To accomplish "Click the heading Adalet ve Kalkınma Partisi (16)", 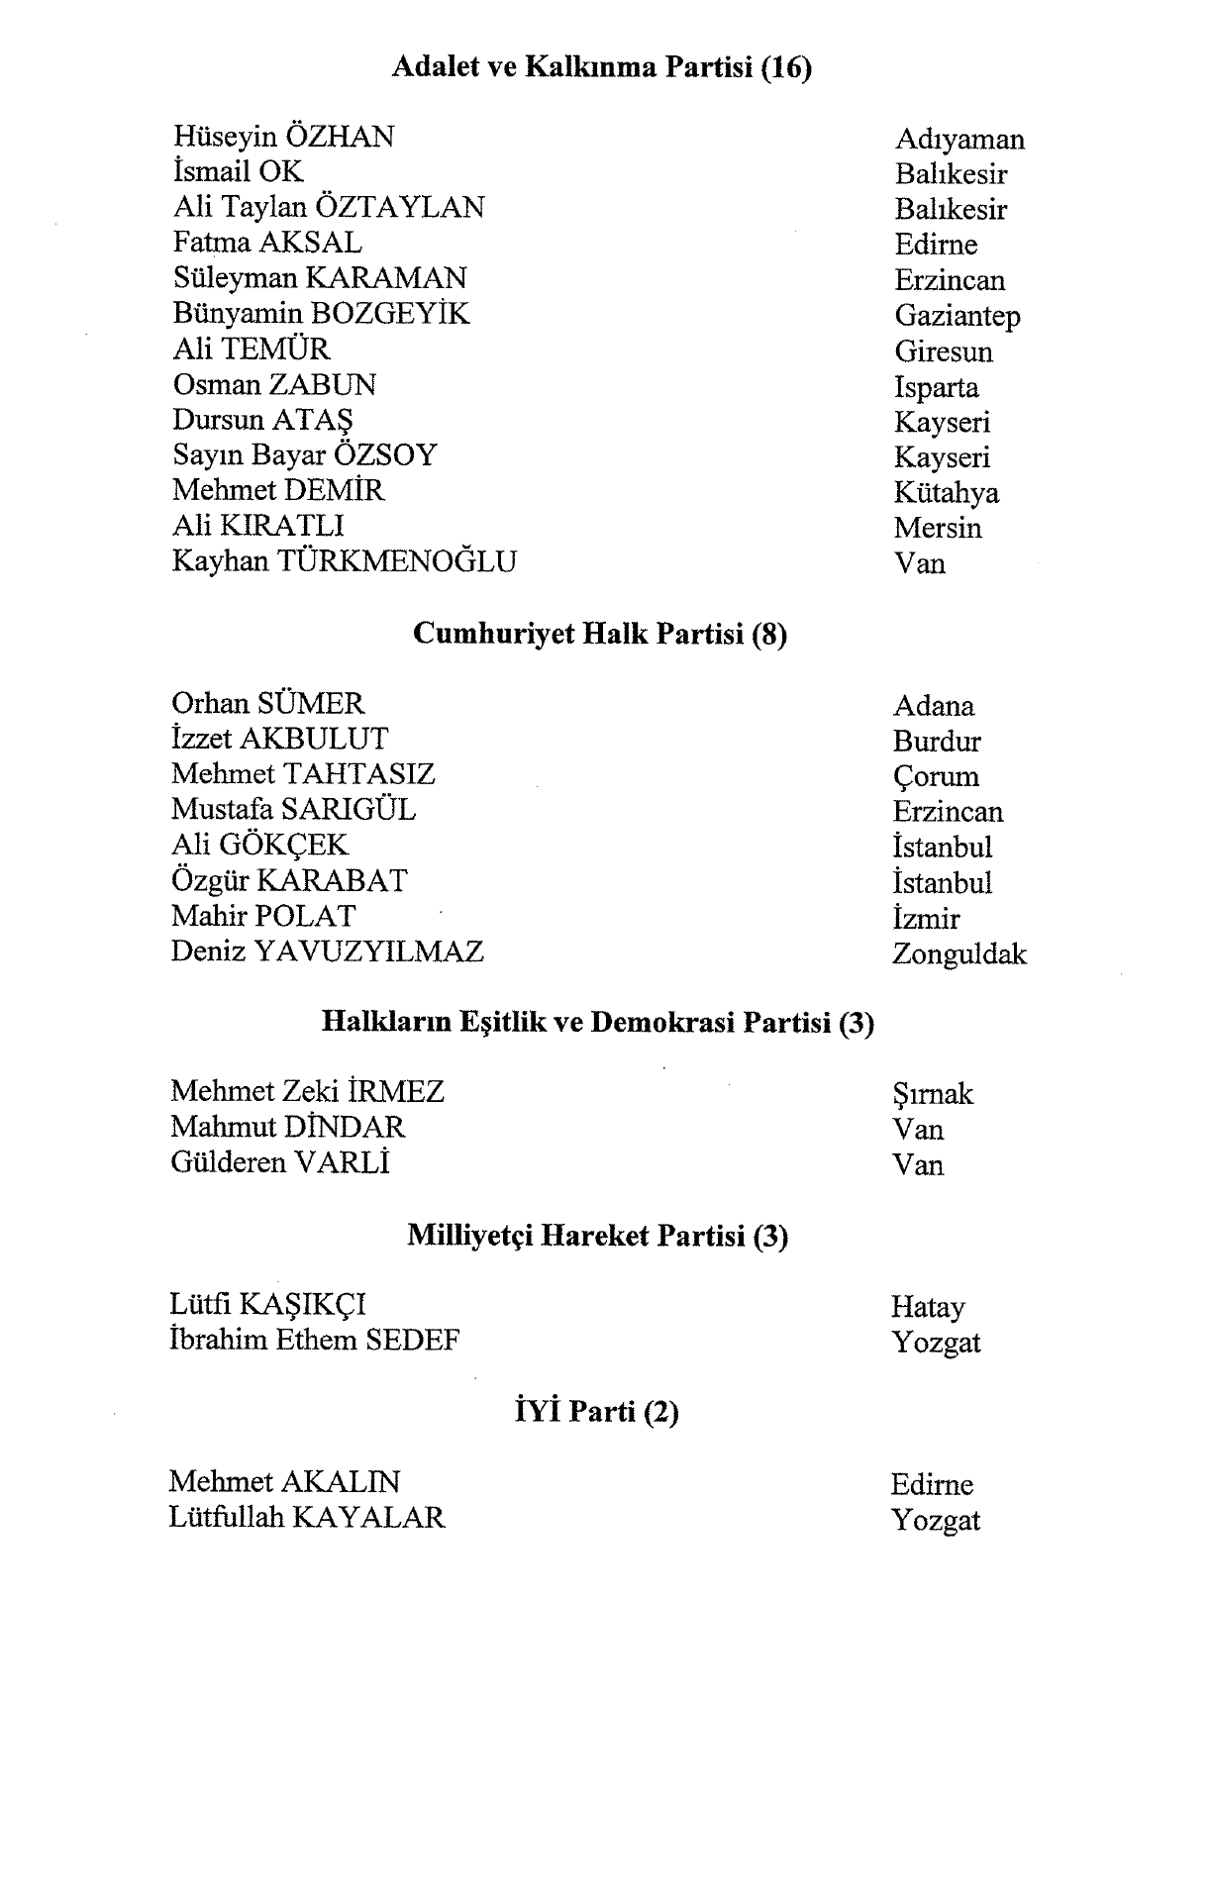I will click(x=602, y=67).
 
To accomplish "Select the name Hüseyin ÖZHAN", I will click(x=283, y=137).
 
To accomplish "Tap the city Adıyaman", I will click(x=959, y=140).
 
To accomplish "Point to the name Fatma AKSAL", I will click(x=267, y=243).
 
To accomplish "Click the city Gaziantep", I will click(x=957, y=316).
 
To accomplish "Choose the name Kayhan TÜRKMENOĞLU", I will click(x=344, y=561).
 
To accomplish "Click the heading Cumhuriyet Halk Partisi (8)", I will click(x=599, y=634).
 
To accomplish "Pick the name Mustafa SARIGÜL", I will click(x=293, y=810).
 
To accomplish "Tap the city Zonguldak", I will click(x=959, y=954).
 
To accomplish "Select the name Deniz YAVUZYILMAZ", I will click(x=327, y=951).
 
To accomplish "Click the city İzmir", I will click(x=926, y=919).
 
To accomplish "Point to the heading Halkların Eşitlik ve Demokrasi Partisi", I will click(x=598, y=1022).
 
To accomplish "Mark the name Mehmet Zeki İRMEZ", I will click(x=307, y=1092).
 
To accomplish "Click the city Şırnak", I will click(x=932, y=1094).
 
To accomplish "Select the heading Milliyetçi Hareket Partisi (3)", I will click(x=597, y=1236).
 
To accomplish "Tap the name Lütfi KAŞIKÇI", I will click(x=267, y=1305).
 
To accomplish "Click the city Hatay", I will click(x=927, y=1308).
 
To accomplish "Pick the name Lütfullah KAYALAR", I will click(x=307, y=1517).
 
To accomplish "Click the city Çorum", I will click(x=935, y=777).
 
